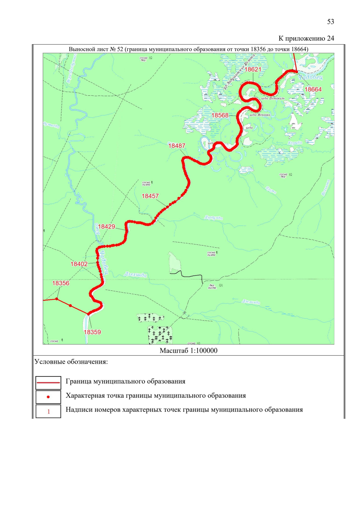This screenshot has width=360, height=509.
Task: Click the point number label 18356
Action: point(61,283)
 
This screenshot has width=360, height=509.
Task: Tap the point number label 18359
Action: point(92,332)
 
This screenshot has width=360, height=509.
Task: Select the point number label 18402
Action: point(79,264)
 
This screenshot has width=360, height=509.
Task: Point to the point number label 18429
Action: point(106,226)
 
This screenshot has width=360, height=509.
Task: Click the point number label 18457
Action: point(150,196)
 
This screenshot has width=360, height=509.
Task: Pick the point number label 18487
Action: point(177,146)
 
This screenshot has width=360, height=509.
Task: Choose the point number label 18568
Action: point(220,115)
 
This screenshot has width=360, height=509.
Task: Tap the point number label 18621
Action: point(253,69)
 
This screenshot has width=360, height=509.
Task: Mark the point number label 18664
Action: point(313,89)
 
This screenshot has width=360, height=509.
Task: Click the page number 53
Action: point(330,22)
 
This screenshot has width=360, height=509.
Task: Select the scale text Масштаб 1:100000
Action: point(188,351)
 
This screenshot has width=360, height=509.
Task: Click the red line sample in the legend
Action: point(48,382)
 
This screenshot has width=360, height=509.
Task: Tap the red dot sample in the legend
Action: point(48,397)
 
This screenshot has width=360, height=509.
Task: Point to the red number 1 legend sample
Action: point(48,412)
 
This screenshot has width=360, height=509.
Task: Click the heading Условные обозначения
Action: point(71,362)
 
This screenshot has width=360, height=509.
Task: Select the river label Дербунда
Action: point(214,217)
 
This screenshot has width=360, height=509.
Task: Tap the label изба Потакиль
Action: point(272,98)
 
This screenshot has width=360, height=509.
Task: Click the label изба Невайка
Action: point(260,115)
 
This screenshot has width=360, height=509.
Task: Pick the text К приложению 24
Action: point(306,38)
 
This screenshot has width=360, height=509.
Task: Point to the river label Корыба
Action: point(295,143)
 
